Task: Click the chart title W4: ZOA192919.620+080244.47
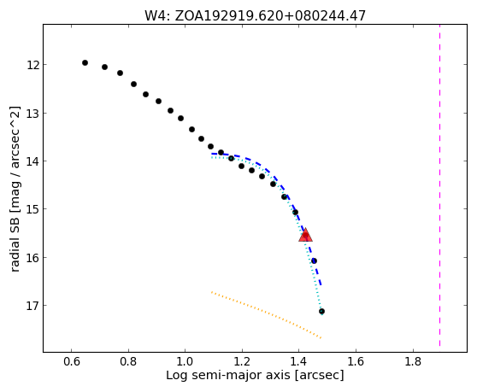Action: pyautogui.click(x=255, y=15)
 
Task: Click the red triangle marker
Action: pyautogui.click(x=305, y=235)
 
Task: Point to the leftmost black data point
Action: pyautogui.click(x=85, y=63)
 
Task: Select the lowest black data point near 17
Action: pyautogui.click(x=321, y=311)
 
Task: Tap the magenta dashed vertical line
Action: pyautogui.click(x=439, y=185)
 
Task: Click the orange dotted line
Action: pyautogui.click(x=266, y=315)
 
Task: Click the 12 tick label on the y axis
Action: pyautogui.click(x=32, y=65)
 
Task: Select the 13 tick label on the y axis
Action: pyautogui.click(x=32, y=114)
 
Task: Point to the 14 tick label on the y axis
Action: pyautogui.click(x=32, y=161)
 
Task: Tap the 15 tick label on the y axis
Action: pyautogui.click(x=32, y=209)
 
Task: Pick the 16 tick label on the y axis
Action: pyautogui.click(x=32, y=258)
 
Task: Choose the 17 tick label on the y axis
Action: pyautogui.click(x=32, y=306)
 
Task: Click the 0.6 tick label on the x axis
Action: pyautogui.click(x=72, y=361)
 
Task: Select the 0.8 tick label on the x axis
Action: pyautogui.click(x=128, y=361)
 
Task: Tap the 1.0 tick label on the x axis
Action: pyautogui.click(x=185, y=361)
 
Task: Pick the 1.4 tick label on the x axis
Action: pyautogui.click(x=299, y=361)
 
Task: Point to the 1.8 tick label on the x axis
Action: pyautogui.click(x=413, y=361)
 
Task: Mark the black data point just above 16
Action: pyautogui.click(x=314, y=260)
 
